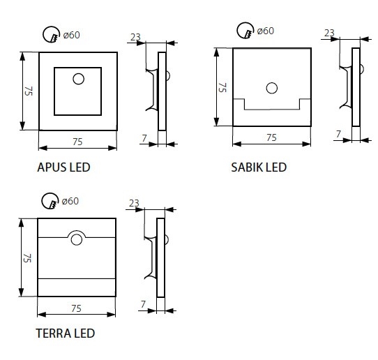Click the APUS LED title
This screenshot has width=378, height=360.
click(63, 167)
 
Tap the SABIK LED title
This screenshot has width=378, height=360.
click(259, 167)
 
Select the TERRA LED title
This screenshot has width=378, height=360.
click(66, 333)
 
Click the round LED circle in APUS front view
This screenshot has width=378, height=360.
click(78, 79)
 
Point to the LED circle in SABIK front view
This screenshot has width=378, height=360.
click(272, 88)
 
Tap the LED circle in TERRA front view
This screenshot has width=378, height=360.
click(77, 240)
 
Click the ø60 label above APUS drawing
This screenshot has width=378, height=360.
click(71, 35)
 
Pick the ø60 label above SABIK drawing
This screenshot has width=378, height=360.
click(266, 31)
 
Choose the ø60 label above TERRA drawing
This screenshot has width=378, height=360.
click(70, 201)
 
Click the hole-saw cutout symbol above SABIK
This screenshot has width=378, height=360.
click(245, 31)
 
